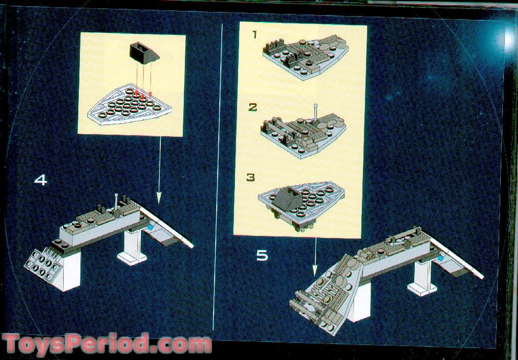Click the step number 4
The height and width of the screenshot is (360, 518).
pos(41,180)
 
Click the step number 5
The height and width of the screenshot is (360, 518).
pos(262,256)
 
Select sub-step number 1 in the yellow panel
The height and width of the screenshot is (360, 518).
pos(255,35)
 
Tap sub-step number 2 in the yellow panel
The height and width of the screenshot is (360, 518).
pos(253,107)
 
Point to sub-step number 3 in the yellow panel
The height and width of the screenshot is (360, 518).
pos(251,177)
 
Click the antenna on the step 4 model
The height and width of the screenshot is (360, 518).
pos(115,200)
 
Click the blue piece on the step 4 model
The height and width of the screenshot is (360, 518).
pos(151,227)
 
